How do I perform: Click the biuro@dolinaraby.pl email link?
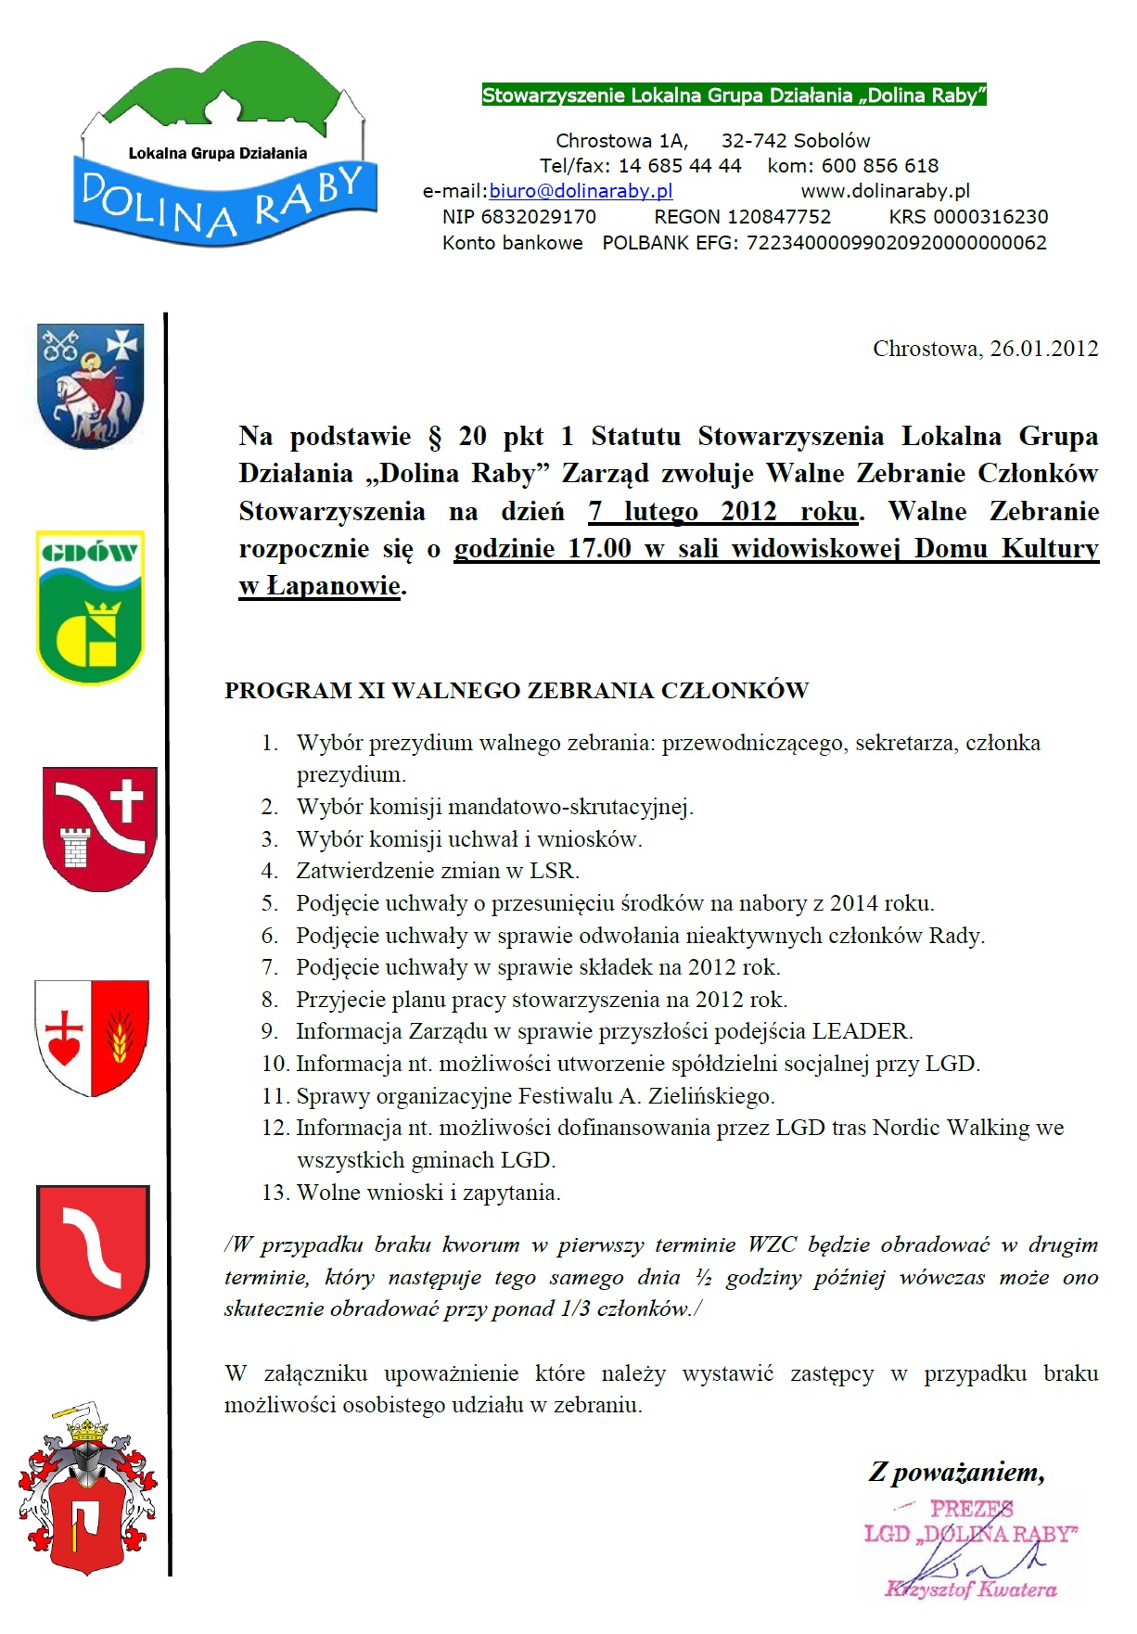click(x=581, y=191)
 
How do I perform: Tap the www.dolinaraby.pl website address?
click(x=885, y=191)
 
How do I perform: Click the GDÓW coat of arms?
click(x=90, y=606)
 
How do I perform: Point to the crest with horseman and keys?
click(x=90, y=385)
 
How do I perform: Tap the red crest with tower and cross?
click(x=99, y=828)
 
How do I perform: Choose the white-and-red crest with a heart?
click(x=92, y=1038)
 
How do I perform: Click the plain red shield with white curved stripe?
click(x=93, y=1251)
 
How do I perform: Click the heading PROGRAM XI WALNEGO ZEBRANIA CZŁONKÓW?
click(x=517, y=691)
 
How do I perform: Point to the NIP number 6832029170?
click(x=538, y=217)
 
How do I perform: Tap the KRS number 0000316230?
click(x=990, y=217)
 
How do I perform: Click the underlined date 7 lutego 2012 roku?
click(x=722, y=512)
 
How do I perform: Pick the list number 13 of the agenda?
click(x=275, y=1193)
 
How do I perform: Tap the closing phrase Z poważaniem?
click(x=956, y=1472)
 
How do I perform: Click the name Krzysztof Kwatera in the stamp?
click(x=970, y=1589)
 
